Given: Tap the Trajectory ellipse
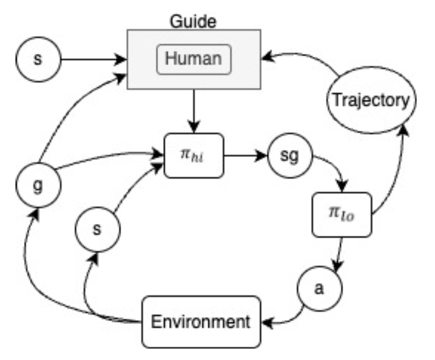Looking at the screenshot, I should [x=370, y=100].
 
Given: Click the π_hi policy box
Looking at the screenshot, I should [x=193, y=155].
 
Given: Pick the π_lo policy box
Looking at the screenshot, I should [x=342, y=214].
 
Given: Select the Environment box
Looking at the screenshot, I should [x=201, y=322].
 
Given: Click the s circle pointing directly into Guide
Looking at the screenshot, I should [x=38, y=59].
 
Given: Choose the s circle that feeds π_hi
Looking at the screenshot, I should [x=98, y=230].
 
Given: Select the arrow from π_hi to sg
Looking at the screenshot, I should [x=244, y=155].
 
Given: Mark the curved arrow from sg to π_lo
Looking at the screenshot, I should [x=332, y=170].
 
